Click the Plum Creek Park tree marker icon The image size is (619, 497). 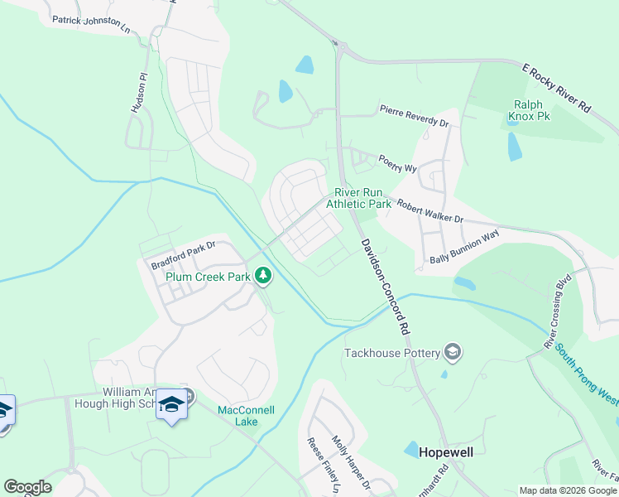(263, 275)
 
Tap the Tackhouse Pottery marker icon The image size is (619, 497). (452, 353)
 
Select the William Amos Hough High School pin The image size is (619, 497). (171, 405)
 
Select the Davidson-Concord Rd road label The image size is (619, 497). (386, 286)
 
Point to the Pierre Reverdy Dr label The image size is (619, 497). (414, 116)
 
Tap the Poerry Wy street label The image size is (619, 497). (397, 162)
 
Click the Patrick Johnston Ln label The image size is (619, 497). (91, 24)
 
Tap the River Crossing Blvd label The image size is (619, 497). (555, 310)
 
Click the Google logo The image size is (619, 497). (27, 487)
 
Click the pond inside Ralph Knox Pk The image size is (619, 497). (514, 146)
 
